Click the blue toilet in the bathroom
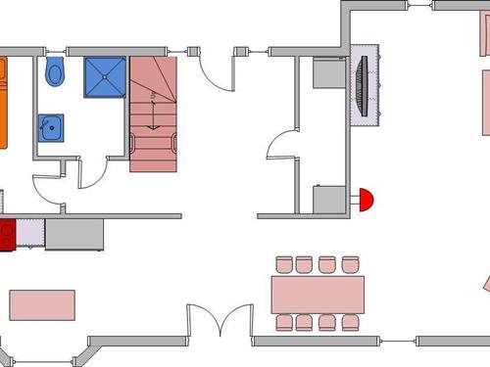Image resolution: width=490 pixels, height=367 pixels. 55,70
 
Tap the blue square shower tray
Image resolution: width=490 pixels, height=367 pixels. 104,77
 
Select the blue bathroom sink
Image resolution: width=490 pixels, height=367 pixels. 51,128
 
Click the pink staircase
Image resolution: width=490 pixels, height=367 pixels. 152,113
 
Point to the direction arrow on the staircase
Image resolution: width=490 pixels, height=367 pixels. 153,110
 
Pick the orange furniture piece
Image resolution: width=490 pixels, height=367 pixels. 3,102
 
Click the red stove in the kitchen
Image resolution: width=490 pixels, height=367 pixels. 7,235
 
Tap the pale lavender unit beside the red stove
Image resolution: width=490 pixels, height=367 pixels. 30,233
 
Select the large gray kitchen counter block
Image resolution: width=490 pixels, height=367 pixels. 74,234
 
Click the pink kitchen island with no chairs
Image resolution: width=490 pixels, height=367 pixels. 43,304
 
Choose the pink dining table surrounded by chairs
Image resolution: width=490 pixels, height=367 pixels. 318,295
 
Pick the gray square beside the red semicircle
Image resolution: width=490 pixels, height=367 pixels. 326,199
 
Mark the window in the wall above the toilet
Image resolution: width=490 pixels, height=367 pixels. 54,49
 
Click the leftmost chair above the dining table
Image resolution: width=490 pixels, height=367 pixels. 284,264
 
